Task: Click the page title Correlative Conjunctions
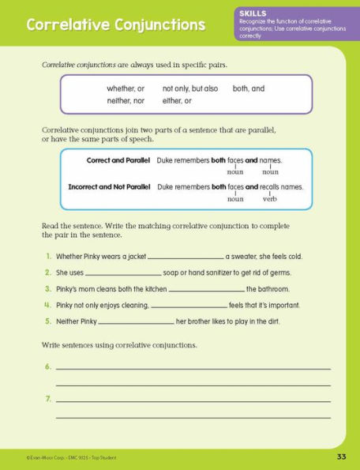click(x=115, y=25)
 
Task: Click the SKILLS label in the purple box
click(x=253, y=13)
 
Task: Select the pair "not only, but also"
click(x=190, y=89)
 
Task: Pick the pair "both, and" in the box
click(x=249, y=89)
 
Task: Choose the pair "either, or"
click(x=178, y=101)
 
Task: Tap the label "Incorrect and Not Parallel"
click(x=112, y=187)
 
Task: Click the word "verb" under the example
click(x=270, y=199)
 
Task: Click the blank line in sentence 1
click(x=186, y=258)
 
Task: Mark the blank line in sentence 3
click(x=206, y=290)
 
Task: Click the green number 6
click(x=48, y=367)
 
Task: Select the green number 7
click(x=48, y=398)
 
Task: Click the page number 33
click(x=341, y=457)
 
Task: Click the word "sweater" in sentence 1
click(x=247, y=257)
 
